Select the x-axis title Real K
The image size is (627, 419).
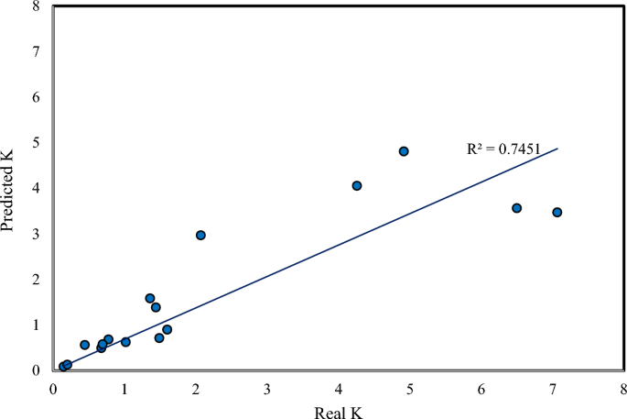(338, 409)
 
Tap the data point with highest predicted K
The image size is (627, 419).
(404, 151)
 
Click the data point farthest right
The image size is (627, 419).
(557, 212)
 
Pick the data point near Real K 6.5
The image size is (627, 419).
(516, 208)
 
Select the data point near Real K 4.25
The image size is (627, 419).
(357, 185)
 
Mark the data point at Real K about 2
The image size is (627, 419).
(200, 235)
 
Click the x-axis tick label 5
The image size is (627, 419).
(410, 386)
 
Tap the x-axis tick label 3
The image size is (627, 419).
(267, 386)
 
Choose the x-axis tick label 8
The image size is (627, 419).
(623, 386)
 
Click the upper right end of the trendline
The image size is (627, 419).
(557, 149)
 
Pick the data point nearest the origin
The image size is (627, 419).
(63, 367)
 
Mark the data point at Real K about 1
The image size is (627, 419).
(125, 342)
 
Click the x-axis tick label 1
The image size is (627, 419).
(124, 386)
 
